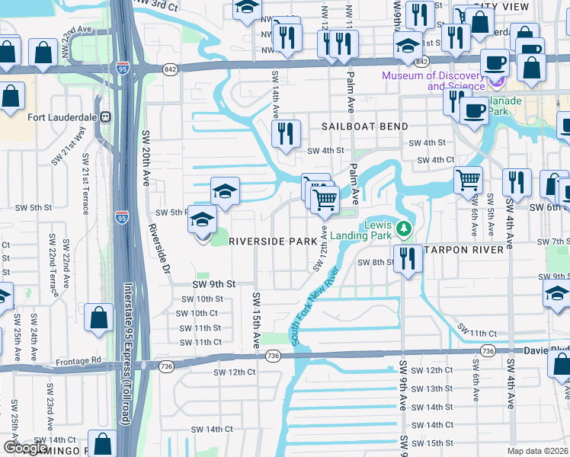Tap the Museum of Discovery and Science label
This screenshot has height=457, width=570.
[434, 81]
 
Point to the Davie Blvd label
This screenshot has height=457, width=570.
[546, 350]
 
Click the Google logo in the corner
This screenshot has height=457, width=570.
[25, 448]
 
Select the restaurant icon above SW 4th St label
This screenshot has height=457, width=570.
[287, 134]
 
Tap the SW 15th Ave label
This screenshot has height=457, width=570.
[256, 321]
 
